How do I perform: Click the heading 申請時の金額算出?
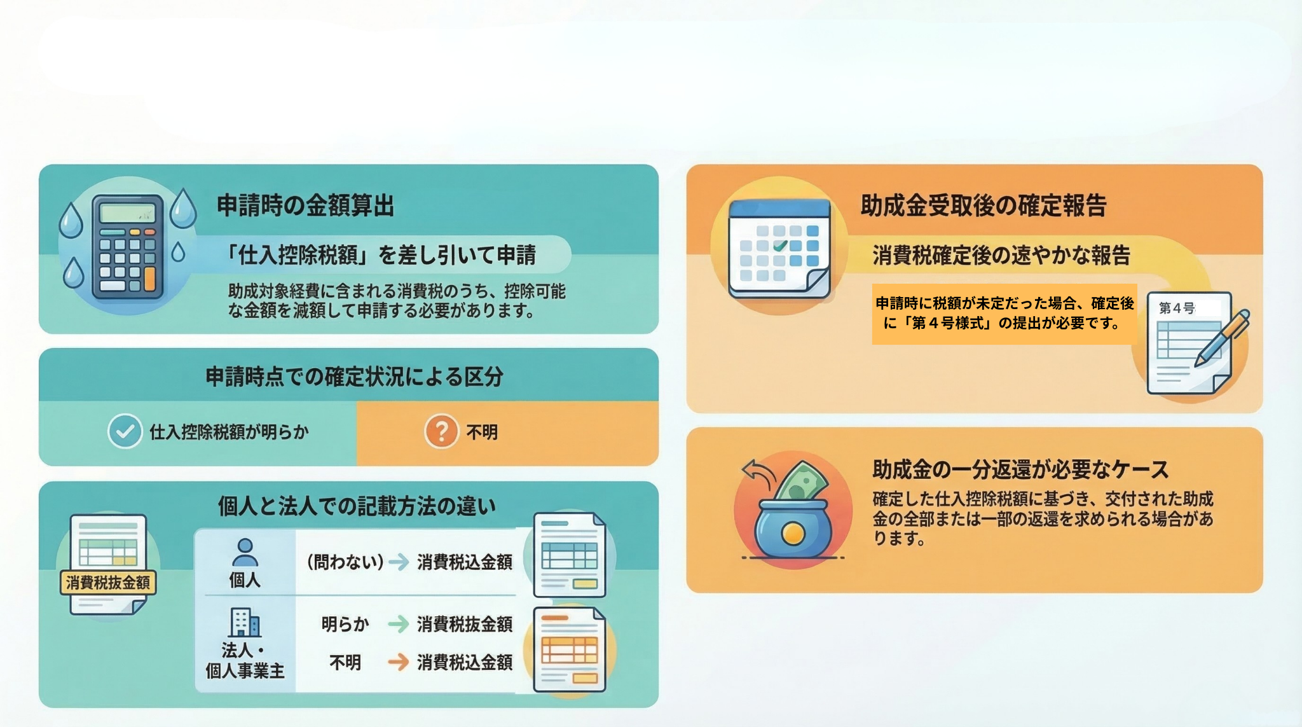[x=305, y=205]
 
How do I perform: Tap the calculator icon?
[x=128, y=247]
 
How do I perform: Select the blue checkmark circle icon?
[x=125, y=431]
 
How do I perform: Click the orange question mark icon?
[x=441, y=431]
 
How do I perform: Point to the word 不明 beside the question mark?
[x=482, y=433]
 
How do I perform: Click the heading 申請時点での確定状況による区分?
[x=354, y=377]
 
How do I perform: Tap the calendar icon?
[x=779, y=249]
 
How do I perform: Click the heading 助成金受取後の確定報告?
[x=983, y=205]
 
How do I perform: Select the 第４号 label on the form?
[x=1177, y=308]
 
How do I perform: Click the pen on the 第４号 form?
[x=1223, y=338]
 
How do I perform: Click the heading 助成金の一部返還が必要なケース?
[x=1020, y=469]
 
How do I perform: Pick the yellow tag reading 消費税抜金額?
[x=108, y=582]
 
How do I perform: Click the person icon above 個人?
[x=245, y=552]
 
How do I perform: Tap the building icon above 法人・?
[x=245, y=623]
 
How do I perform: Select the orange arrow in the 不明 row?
[x=399, y=662]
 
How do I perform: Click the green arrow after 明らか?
[x=399, y=624]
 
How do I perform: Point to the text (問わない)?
[x=345, y=562]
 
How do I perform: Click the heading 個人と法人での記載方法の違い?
[x=357, y=506]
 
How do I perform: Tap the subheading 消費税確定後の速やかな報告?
[x=1001, y=255]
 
